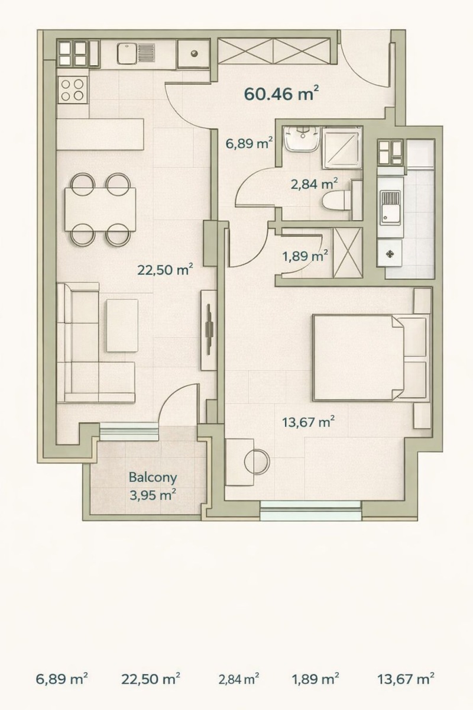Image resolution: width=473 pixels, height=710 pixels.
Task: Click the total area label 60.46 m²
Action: [x=281, y=93]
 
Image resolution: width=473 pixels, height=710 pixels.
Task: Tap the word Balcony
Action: [x=153, y=477]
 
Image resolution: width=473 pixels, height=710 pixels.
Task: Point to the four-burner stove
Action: [x=72, y=91]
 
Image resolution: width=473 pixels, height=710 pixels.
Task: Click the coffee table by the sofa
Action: [x=122, y=325]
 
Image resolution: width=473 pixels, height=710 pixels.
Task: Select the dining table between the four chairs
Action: [x=101, y=209]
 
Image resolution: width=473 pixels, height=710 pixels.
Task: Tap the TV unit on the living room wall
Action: [x=208, y=330]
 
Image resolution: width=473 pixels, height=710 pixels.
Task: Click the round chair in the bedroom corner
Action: [x=257, y=460]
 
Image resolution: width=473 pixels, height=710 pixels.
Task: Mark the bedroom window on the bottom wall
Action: [x=310, y=509]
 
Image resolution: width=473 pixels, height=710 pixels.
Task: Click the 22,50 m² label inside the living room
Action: [x=165, y=270]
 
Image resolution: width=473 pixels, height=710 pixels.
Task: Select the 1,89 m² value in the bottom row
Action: [x=315, y=679]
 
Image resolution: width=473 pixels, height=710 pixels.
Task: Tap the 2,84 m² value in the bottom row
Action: [x=238, y=679]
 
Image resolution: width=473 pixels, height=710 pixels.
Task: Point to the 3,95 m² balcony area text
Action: [x=153, y=495]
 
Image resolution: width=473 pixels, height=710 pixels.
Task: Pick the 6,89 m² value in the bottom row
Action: [x=62, y=679]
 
